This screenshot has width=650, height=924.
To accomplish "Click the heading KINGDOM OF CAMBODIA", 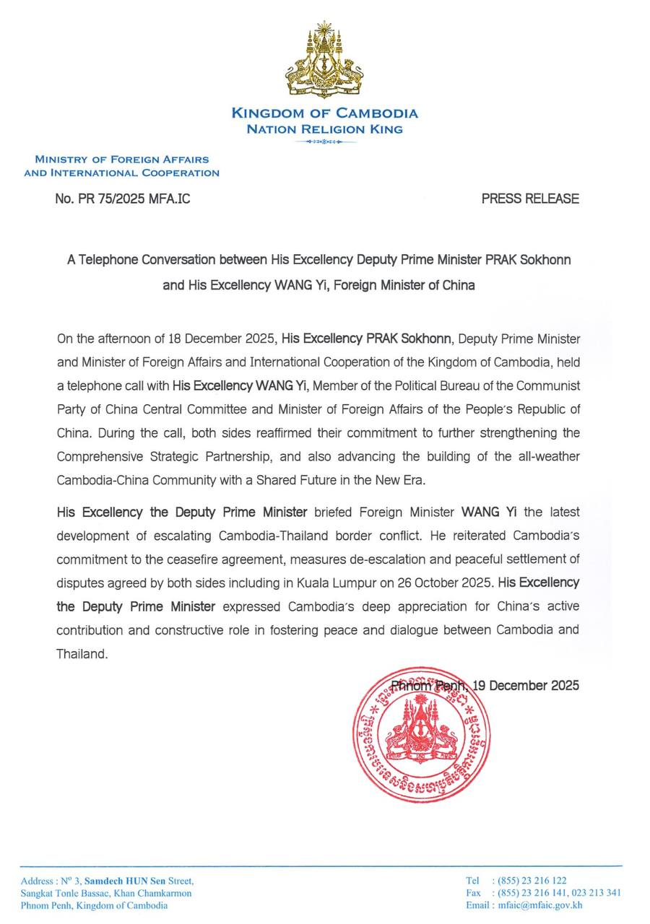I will coord(324,113).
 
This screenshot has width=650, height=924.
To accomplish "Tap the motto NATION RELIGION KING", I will coord(324,130).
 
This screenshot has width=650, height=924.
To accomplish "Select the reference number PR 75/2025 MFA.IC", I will coord(122,198).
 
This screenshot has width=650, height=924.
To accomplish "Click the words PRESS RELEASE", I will coord(530,198).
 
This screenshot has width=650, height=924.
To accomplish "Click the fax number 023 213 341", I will coord(594,893).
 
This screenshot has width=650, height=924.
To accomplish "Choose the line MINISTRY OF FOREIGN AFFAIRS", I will coord(121,159).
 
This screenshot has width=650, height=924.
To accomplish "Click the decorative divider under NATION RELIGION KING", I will coord(324,141).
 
